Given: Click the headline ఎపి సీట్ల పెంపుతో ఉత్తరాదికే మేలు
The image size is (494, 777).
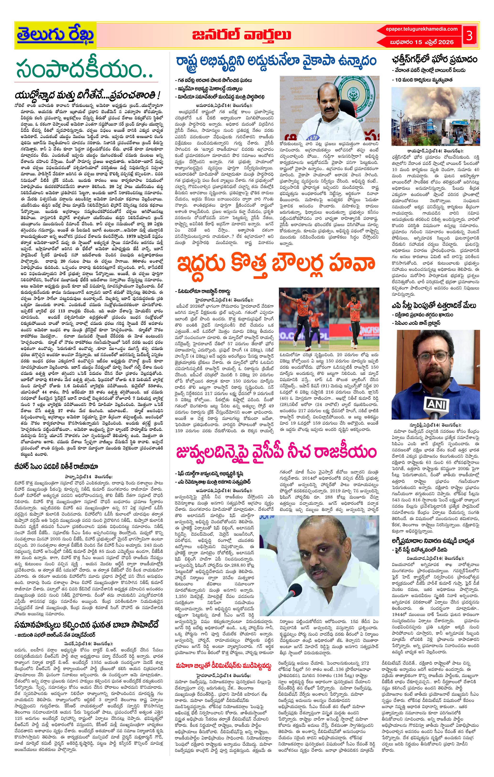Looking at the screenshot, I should coord(434,305).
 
